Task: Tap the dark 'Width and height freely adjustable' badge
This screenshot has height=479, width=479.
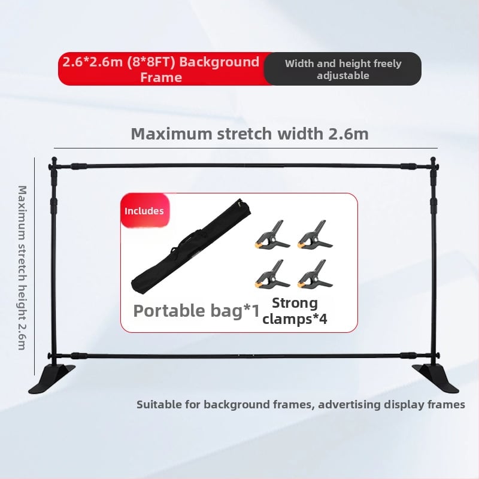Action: click(x=343, y=69)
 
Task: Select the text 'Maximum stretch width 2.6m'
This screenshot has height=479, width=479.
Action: click(x=250, y=134)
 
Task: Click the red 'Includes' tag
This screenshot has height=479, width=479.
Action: click(x=144, y=211)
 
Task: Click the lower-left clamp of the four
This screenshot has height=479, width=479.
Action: click(x=270, y=274)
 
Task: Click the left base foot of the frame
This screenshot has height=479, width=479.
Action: click(x=52, y=379)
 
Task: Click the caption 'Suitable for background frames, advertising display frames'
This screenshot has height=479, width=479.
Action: click(x=301, y=405)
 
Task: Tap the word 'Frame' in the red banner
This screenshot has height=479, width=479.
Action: click(x=160, y=77)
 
